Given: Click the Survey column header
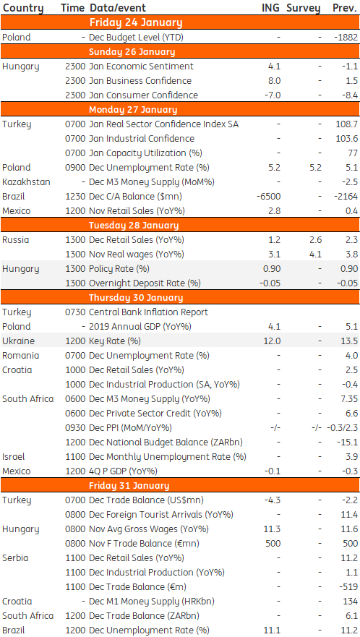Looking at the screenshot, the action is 303,8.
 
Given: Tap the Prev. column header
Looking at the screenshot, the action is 345,8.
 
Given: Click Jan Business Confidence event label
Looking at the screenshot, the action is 140,80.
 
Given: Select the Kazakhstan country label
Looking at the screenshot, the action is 27,182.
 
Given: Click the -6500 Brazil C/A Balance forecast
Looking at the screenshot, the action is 269,196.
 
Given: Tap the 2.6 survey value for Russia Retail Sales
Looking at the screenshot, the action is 315,239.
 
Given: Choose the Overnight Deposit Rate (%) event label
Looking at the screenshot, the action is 145,283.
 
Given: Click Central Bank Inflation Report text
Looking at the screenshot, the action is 148,312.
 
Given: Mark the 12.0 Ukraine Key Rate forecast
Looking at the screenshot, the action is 273,341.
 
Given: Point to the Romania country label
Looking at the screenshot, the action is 21,356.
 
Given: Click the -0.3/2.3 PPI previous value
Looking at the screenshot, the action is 342,428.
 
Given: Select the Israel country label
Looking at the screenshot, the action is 14,457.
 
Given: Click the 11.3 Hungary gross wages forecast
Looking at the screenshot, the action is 273,529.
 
